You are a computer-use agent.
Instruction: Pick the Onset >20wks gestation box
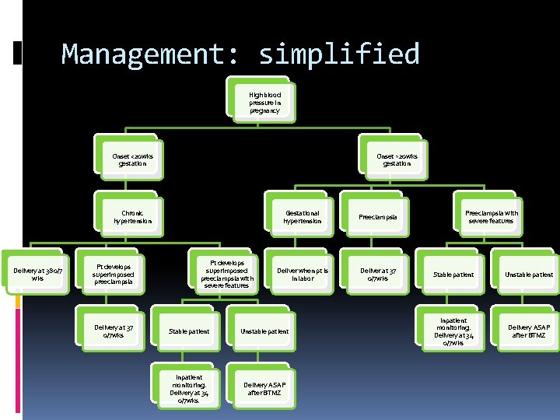(x=397, y=159)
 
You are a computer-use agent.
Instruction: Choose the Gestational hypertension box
(x=302, y=216)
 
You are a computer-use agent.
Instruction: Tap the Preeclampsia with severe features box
(x=492, y=216)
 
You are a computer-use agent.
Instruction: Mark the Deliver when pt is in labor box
(x=302, y=274)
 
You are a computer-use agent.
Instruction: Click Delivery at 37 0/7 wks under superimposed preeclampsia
(x=114, y=331)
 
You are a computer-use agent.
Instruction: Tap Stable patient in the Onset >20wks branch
(x=453, y=275)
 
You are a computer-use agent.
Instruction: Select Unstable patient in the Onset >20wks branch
(x=529, y=275)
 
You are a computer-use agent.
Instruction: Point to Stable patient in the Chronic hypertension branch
(x=189, y=331)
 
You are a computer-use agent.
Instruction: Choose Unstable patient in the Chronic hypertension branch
(x=264, y=331)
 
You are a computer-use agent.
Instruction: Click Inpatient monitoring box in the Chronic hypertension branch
(x=189, y=389)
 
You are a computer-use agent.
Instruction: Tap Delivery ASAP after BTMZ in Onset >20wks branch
(x=529, y=331)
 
